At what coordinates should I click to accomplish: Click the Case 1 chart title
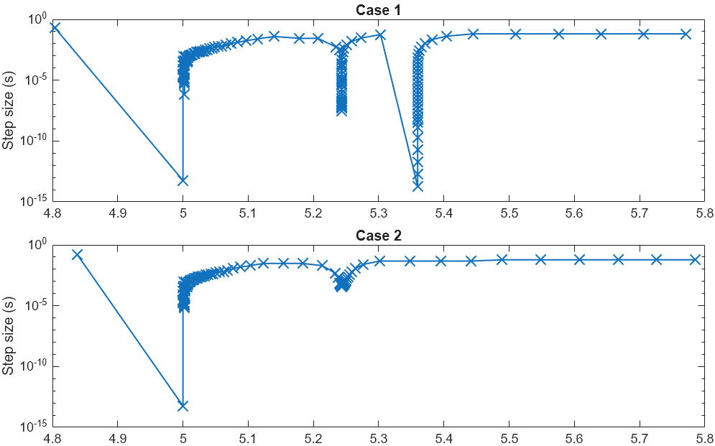pyautogui.click(x=378, y=9)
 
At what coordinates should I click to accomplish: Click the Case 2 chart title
pyautogui.click(x=378, y=236)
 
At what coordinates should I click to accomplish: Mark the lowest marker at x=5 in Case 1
pyautogui.click(x=183, y=180)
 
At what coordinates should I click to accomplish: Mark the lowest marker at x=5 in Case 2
pyautogui.click(x=183, y=406)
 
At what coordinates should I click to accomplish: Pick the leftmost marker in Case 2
pyautogui.click(x=78, y=254)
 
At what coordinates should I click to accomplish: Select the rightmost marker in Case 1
pyautogui.click(x=686, y=34)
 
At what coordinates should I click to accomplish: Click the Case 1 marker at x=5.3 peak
pyautogui.click(x=380, y=34)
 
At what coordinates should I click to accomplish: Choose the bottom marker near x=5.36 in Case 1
pyautogui.click(x=418, y=186)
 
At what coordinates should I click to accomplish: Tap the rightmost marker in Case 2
pyautogui.click(x=695, y=259)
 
